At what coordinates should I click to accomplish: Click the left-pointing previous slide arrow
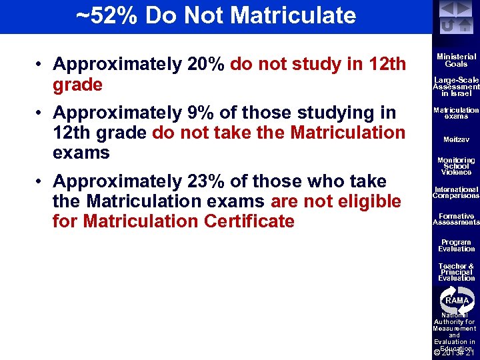tap(447, 9)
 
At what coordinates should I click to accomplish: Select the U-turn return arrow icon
tap(447, 25)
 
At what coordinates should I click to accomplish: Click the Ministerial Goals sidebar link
tap(457, 61)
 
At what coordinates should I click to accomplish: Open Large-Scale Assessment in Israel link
tap(457, 87)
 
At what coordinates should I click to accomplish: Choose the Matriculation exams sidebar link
tap(457, 113)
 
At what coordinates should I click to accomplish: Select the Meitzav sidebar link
tap(457, 140)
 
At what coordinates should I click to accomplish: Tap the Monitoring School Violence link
tap(457, 166)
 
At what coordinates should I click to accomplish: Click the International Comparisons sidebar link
tap(457, 193)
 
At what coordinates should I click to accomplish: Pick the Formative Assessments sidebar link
tap(457, 219)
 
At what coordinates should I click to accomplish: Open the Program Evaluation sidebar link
tap(457, 245)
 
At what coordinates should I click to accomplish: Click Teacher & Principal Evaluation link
tap(457, 272)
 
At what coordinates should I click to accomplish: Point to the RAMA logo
tap(457, 301)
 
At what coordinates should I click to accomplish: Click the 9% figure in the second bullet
tap(201, 113)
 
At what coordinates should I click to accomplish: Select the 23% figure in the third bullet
tap(206, 181)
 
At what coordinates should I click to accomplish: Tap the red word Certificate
tap(240, 221)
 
